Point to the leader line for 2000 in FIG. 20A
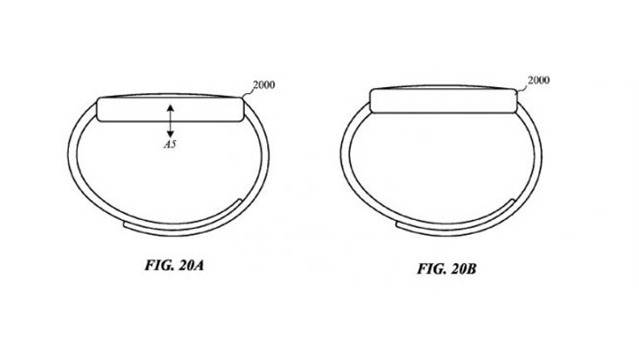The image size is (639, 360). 248,92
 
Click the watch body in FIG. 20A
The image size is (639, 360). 133,109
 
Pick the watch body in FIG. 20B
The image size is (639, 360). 444,99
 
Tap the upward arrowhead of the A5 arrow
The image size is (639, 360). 170,105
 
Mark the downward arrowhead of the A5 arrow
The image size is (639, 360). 170,133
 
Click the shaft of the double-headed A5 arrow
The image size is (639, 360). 170,119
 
